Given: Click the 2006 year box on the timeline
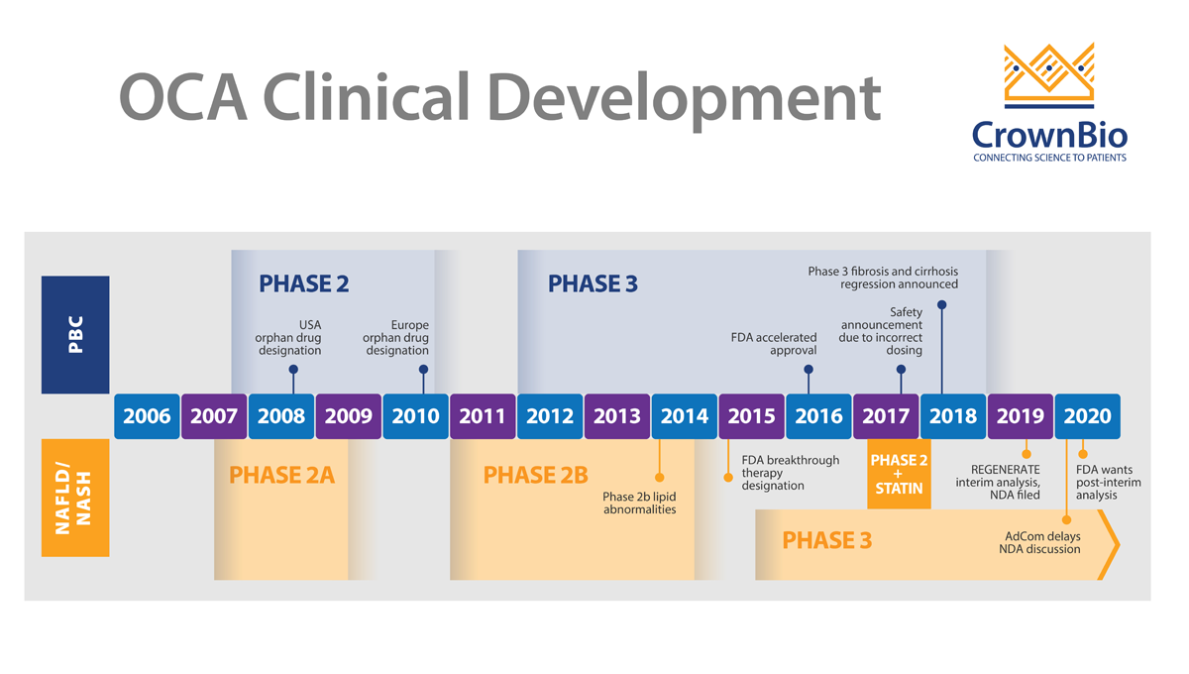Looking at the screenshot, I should click(x=147, y=416).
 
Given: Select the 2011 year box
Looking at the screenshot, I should click(x=483, y=416).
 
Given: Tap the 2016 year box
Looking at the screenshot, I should click(x=818, y=416).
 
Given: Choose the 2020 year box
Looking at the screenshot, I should click(x=1087, y=416).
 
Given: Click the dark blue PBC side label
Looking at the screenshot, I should click(x=75, y=334).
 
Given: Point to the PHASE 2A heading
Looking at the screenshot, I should click(x=281, y=476).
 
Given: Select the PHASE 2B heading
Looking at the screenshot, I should click(x=535, y=476).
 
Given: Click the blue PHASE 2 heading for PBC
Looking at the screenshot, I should click(x=304, y=284).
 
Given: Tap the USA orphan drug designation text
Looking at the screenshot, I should click(x=288, y=337).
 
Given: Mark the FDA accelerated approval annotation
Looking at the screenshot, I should click(x=774, y=344).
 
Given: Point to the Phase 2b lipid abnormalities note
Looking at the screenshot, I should click(x=640, y=503).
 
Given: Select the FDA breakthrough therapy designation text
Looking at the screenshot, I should click(x=790, y=473).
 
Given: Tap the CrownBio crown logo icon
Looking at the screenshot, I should click(x=1049, y=75).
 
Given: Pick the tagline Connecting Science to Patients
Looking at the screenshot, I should click(x=1049, y=158).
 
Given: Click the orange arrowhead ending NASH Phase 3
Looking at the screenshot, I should click(x=1110, y=544).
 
